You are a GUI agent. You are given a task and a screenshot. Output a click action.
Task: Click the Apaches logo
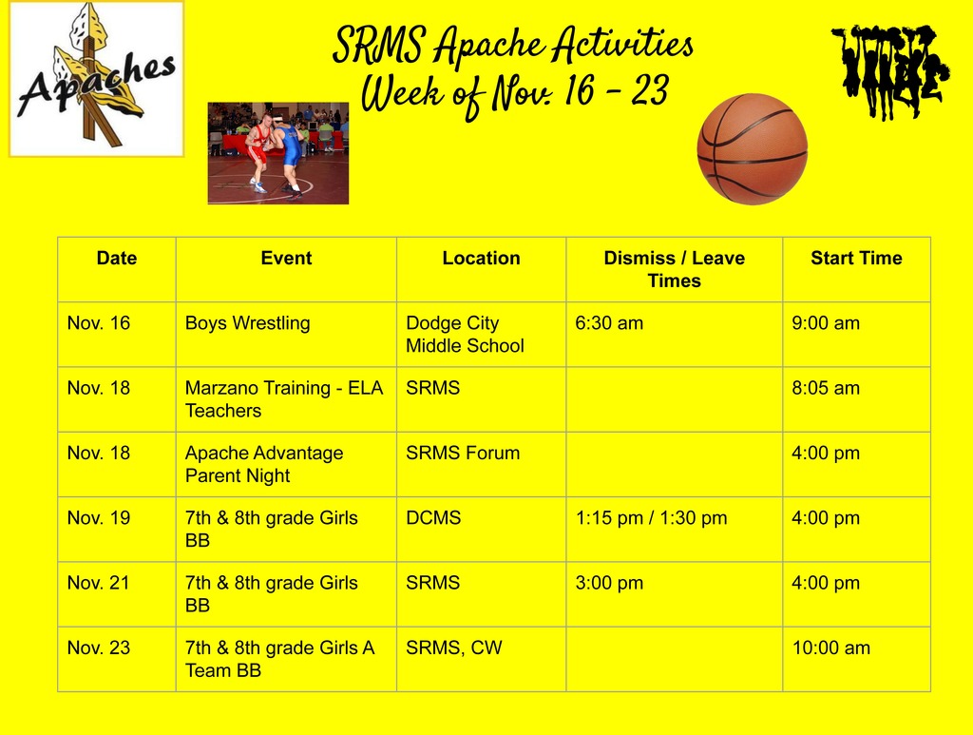tap(96, 79)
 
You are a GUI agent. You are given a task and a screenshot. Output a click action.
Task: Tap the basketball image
tap(752, 148)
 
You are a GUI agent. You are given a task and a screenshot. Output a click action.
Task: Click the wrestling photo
tap(278, 153)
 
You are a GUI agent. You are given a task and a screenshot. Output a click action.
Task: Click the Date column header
tap(117, 259)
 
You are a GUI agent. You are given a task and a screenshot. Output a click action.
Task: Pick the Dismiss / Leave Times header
tap(674, 269)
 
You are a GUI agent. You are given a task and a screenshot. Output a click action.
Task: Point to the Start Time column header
tap(855, 259)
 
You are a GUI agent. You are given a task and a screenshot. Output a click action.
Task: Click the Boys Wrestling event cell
tap(248, 323)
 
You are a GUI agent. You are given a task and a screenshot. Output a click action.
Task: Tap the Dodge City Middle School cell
tap(465, 335)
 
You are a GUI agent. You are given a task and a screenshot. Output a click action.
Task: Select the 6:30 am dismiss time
tap(609, 323)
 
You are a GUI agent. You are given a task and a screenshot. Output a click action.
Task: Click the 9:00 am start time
tap(826, 323)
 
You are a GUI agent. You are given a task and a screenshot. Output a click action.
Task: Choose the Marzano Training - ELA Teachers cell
tap(284, 399)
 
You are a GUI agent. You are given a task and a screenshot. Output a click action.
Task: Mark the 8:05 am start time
tap(826, 388)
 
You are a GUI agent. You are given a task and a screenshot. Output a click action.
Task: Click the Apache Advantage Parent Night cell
tap(264, 464)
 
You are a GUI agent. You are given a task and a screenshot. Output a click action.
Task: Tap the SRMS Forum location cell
tap(463, 454)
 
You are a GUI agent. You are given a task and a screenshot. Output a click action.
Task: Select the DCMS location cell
tap(433, 518)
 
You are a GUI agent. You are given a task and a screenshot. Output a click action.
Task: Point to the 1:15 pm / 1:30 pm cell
tap(651, 518)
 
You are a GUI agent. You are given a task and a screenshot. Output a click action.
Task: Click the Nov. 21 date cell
tap(99, 583)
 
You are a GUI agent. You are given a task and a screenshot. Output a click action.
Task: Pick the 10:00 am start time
tap(831, 648)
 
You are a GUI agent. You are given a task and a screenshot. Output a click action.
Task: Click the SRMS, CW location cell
tap(454, 648)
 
